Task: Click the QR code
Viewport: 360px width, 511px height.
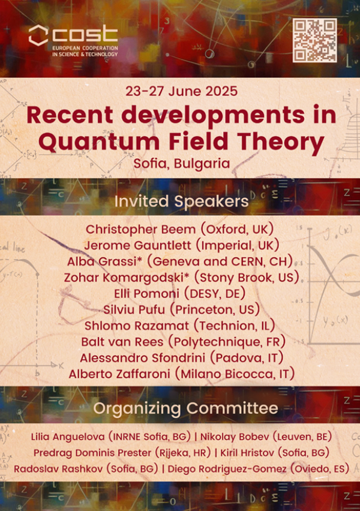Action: [x=314, y=40]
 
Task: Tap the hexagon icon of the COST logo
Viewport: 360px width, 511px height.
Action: [x=38, y=35]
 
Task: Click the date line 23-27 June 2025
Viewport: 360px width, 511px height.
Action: [x=182, y=91]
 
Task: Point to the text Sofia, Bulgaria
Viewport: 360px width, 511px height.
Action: [x=182, y=163]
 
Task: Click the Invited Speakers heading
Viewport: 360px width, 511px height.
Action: [x=181, y=202]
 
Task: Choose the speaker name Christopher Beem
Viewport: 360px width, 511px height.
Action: [x=140, y=230]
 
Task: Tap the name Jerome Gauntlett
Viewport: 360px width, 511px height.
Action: [x=137, y=245]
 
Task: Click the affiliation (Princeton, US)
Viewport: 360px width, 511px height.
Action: [x=215, y=309]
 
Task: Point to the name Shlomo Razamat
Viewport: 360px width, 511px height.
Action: [x=137, y=326]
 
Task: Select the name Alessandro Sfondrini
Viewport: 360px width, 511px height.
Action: [x=143, y=358]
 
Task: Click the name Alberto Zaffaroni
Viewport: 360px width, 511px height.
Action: [x=119, y=374]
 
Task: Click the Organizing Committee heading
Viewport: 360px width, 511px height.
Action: [x=185, y=408]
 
